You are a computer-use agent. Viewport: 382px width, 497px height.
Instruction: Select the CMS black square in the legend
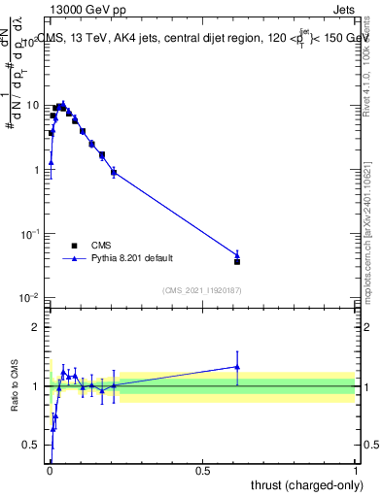tap(74, 246)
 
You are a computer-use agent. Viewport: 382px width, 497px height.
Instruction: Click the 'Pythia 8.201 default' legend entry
tap(132, 258)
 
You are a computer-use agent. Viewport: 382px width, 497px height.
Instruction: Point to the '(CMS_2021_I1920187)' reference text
tap(201, 289)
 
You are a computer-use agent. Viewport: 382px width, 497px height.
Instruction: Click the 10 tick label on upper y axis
tap(32, 105)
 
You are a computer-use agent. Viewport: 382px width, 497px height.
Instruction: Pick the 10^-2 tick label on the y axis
tap(29, 298)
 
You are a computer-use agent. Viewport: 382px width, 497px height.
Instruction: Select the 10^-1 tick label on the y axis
tap(29, 234)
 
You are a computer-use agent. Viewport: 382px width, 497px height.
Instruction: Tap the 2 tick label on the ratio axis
tap(36, 327)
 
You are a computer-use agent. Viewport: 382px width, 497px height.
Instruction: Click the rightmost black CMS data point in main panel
tap(237, 261)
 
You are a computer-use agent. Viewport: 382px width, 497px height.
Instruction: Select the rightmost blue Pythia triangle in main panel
tap(237, 254)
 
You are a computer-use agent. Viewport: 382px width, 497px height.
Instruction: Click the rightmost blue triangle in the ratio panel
tap(237, 367)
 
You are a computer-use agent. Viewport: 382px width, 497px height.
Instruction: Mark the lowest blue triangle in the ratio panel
tap(52, 428)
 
